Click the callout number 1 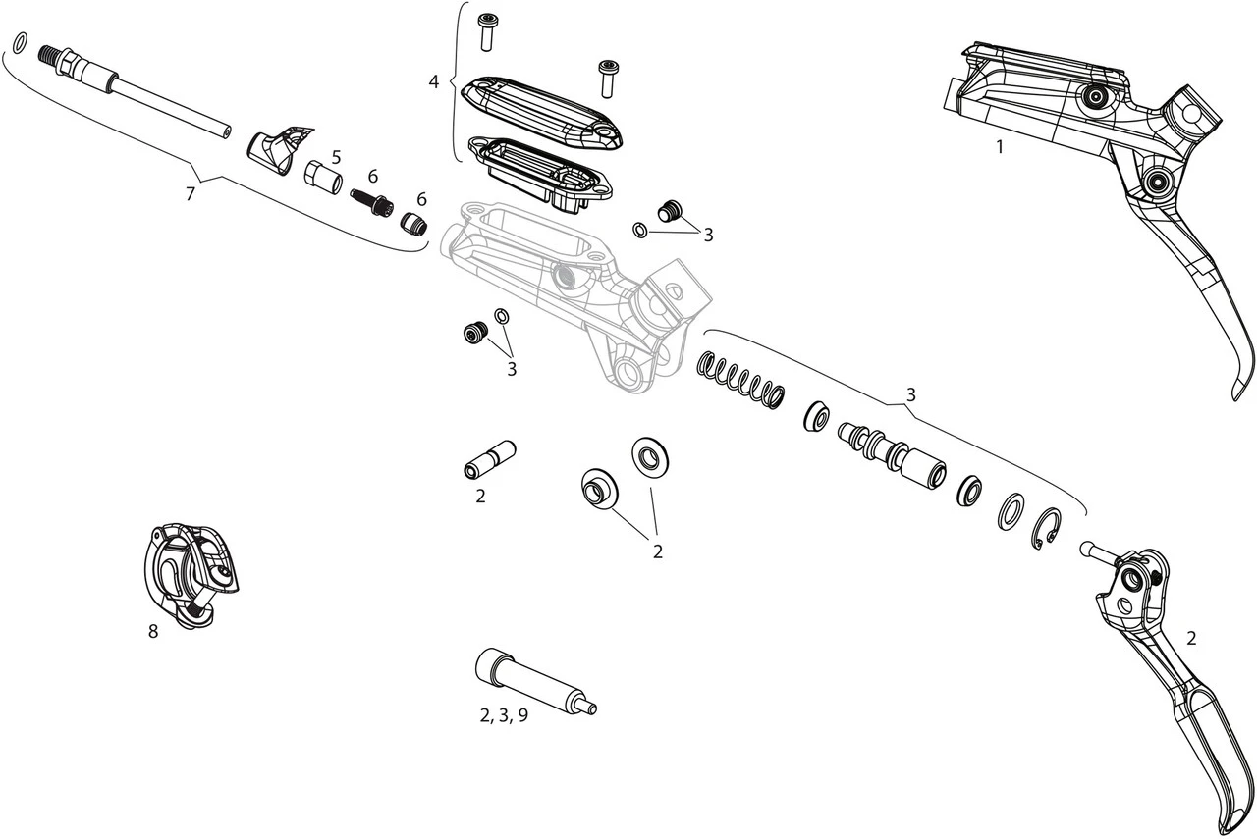click(x=1000, y=147)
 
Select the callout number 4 click(x=433, y=81)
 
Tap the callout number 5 click(x=336, y=157)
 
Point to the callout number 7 click(x=191, y=193)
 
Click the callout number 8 click(x=153, y=632)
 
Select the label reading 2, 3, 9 click(x=504, y=715)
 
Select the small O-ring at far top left click(x=19, y=42)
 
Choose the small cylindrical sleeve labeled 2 click(x=488, y=459)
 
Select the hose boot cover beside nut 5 click(x=278, y=148)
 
